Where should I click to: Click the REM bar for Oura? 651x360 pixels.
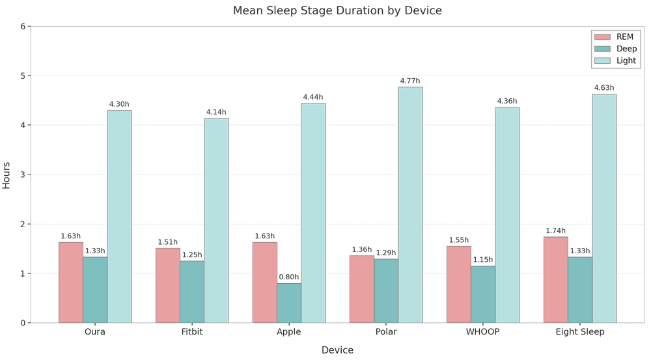tap(71, 283)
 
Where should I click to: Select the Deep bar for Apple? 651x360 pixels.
tap(289, 303)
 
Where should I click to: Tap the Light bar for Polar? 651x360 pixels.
tap(410, 205)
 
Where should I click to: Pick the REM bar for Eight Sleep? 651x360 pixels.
tap(555, 280)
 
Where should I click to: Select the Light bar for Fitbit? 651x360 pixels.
tap(216, 220)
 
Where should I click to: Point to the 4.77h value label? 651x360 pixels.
tap(410, 81)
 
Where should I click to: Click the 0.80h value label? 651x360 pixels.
tap(289, 277)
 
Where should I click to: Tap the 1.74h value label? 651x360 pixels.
tap(555, 231)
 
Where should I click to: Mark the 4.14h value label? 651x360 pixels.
tap(216, 113)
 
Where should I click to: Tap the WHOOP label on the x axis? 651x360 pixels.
tap(483, 332)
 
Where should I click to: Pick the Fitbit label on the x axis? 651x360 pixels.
tap(192, 332)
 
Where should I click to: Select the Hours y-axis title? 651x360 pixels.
tap(7, 174)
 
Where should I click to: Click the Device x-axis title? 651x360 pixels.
tap(337, 350)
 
